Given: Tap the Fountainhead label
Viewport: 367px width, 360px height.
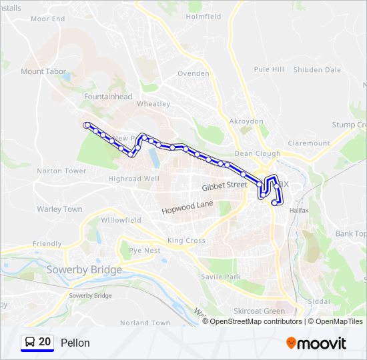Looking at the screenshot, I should (108, 97).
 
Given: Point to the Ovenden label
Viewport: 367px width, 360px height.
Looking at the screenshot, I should (194, 73).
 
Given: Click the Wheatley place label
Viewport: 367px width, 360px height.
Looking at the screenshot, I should (153, 104).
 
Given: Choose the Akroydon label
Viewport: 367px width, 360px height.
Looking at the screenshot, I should (246, 121).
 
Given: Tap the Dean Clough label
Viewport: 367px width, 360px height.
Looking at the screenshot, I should (258, 153).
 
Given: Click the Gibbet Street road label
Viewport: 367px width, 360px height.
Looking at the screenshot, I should (225, 185).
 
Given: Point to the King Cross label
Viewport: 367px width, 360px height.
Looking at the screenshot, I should (187, 241).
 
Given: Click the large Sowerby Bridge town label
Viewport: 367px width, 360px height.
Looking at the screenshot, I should (84, 270).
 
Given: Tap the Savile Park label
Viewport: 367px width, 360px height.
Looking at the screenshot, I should (220, 277).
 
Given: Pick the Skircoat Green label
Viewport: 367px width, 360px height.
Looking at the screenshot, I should (259, 311).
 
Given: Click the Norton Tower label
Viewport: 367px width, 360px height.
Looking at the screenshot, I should (61, 171).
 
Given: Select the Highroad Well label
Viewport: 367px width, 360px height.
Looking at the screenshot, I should (133, 179).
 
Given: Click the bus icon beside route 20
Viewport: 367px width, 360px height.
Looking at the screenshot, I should (30, 343).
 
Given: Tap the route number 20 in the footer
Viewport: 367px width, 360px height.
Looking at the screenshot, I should (45, 342).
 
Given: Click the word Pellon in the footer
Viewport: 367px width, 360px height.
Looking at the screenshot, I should (75, 343).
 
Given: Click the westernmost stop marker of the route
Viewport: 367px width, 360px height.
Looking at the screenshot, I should (86, 125).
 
